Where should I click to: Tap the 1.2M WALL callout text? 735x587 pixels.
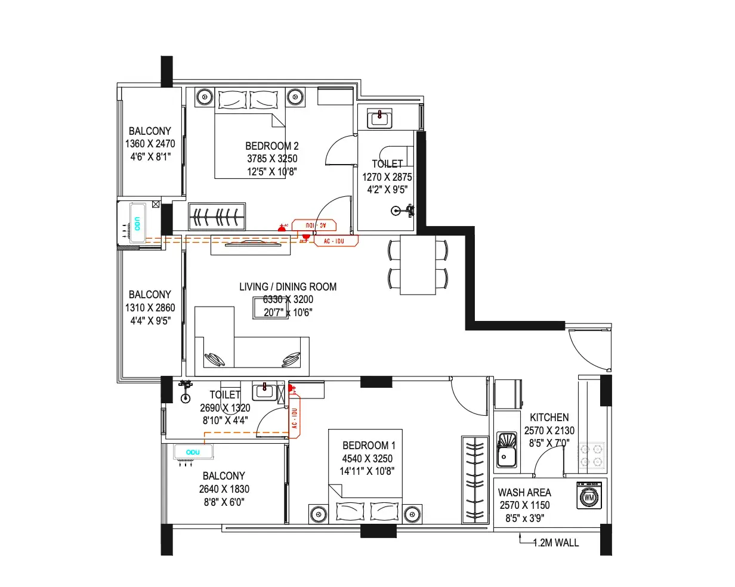pyautogui.click(x=555, y=543)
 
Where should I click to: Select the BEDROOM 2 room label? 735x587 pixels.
pyautogui.click(x=272, y=146)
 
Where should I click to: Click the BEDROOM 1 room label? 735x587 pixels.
pyautogui.click(x=369, y=446)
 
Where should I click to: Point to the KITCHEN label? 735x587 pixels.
pyautogui.click(x=549, y=418)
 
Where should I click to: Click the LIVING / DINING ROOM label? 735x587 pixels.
pyautogui.click(x=288, y=287)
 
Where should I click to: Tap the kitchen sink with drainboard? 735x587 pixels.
pyautogui.click(x=507, y=450)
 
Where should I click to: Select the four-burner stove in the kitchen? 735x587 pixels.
pyautogui.click(x=591, y=455)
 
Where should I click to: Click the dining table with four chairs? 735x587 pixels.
pyautogui.click(x=418, y=265)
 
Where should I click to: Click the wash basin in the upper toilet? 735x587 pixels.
pyautogui.click(x=379, y=118)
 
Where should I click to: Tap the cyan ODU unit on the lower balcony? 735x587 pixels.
pyautogui.click(x=193, y=452)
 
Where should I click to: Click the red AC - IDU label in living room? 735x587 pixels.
pyautogui.click(x=336, y=241)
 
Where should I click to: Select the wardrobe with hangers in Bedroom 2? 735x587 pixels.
pyautogui.click(x=217, y=216)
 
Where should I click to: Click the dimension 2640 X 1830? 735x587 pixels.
pyautogui.click(x=224, y=489)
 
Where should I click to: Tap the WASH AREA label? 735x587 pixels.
pyautogui.click(x=524, y=493)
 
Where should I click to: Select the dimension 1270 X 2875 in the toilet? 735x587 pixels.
pyautogui.click(x=387, y=177)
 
